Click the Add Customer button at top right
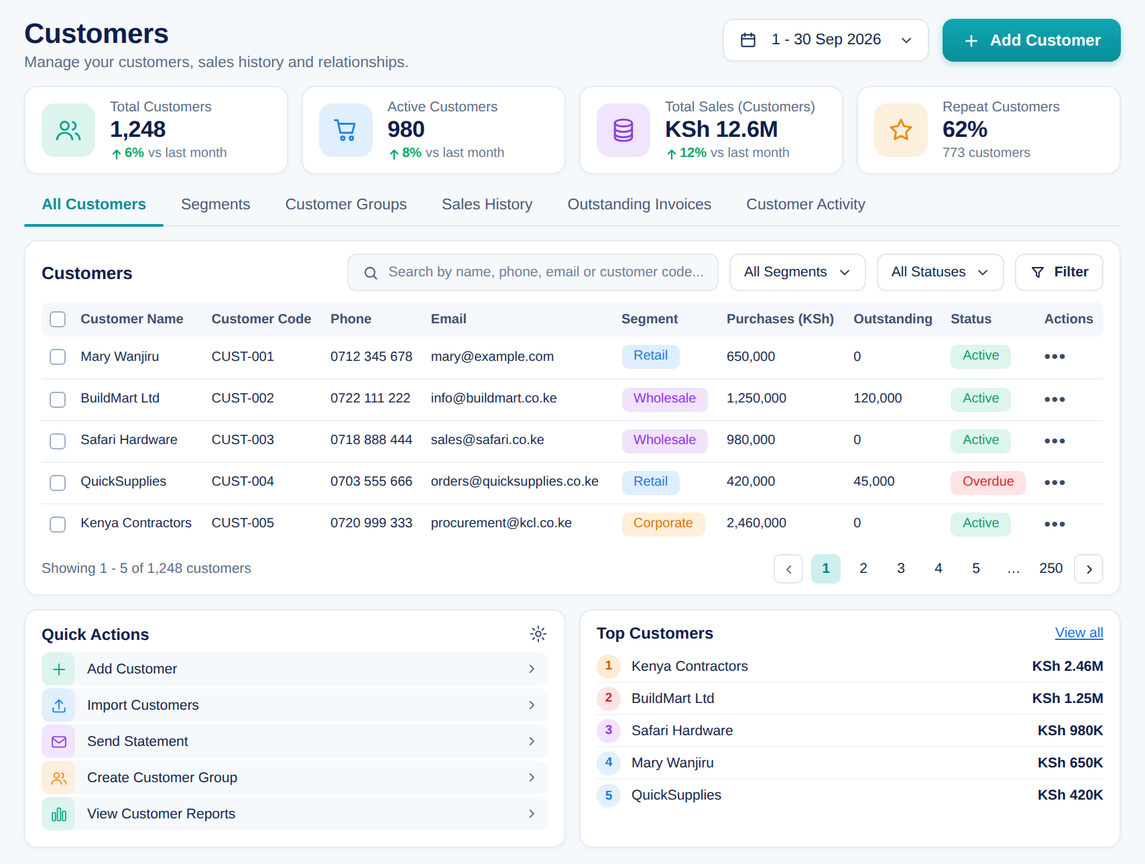(x=1031, y=40)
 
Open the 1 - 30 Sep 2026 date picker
(x=825, y=40)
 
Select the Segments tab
(x=215, y=204)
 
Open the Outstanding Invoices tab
(x=639, y=204)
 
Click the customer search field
(x=532, y=272)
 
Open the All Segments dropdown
(x=797, y=272)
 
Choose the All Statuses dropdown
(x=940, y=272)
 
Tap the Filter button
(x=1059, y=272)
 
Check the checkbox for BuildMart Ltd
(x=58, y=400)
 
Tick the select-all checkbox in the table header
(x=58, y=319)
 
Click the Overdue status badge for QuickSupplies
(x=987, y=482)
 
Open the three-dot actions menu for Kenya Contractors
(x=1054, y=524)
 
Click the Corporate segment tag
(x=663, y=524)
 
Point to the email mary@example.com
(x=492, y=357)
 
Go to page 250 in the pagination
(x=1050, y=569)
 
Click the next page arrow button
(x=1089, y=569)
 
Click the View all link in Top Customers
(x=1079, y=633)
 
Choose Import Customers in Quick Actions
(x=295, y=705)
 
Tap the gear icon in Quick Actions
(x=538, y=634)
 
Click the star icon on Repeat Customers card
(x=900, y=130)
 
